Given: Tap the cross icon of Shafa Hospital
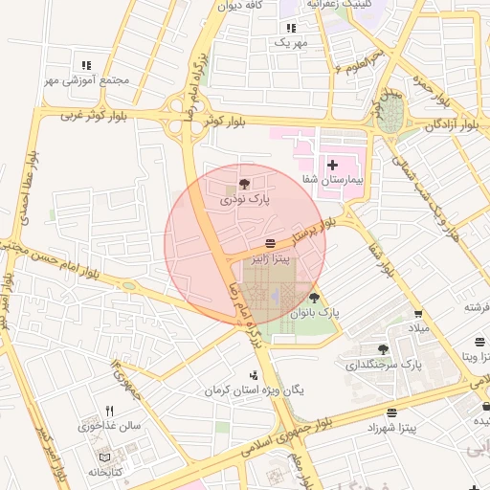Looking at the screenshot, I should coord(332,166).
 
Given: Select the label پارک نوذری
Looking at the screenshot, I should coord(246,200).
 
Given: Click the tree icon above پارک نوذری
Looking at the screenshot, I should coord(246,184).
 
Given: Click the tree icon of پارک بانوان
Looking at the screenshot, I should coord(314,299).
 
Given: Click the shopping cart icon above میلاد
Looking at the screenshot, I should coord(418,314).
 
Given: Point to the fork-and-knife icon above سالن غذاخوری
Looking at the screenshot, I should coord(110,411).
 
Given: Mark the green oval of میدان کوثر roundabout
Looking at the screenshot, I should coord(390,117).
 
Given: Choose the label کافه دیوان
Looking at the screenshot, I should coord(240,6).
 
